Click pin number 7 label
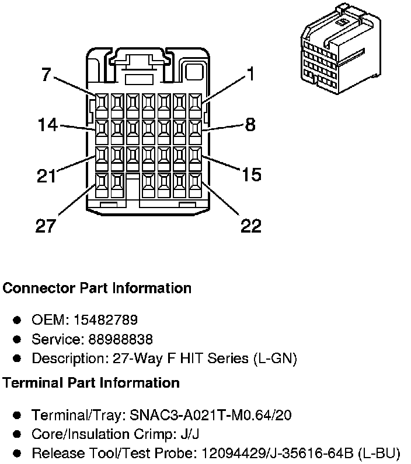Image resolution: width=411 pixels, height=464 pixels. click(x=46, y=74)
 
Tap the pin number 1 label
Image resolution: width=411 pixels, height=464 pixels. click(x=250, y=73)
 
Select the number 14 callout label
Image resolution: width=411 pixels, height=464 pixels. click(x=48, y=125)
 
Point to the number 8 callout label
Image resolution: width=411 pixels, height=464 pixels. click(x=250, y=125)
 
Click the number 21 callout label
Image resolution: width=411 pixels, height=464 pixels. click(x=47, y=176)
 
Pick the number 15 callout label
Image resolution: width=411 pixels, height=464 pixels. click(x=252, y=174)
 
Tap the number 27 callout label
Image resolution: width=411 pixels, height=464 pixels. click(x=46, y=226)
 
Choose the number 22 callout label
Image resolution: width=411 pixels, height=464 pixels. click(x=251, y=226)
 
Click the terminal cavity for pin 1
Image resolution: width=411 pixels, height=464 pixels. click(x=195, y=106)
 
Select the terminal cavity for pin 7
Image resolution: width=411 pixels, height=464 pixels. click(x=102, y=106)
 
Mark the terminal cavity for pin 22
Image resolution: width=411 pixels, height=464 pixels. click(x=195, y=185)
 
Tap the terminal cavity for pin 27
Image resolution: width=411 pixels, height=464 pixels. click(x=102, y=185)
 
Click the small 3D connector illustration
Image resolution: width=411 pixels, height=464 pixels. click(x=341, y=49)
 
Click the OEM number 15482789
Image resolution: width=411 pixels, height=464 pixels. click(x=106, y=320)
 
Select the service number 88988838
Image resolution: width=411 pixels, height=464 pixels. click(x=121, y=339)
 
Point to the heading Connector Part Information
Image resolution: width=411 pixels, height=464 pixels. click(x=97, y=288)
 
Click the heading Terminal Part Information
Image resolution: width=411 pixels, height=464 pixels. click(x=91, y=382)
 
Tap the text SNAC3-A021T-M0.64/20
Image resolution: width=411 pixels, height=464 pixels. click(x=211, y=415)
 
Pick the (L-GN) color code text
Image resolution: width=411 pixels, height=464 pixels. click(x=275, y=358)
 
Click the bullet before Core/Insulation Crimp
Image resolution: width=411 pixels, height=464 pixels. click(x=17, y=434)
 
